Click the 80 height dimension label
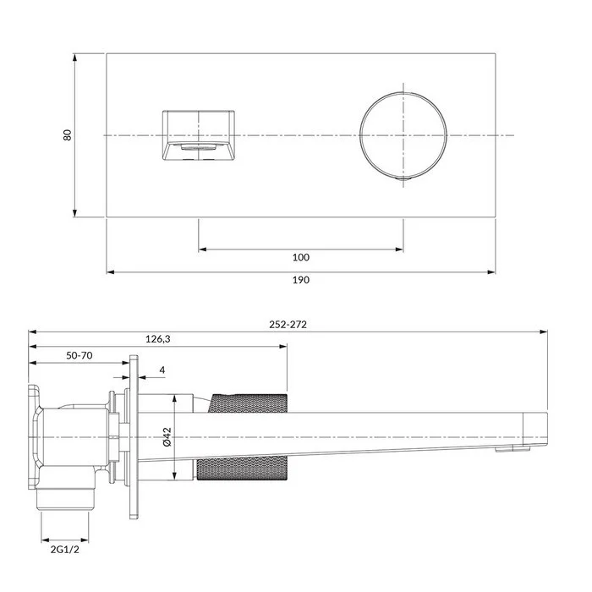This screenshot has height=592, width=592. click(x=67, y=135)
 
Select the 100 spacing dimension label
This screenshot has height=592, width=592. click(x=301, y=257)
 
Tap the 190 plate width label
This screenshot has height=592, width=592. click(x=301, y=280)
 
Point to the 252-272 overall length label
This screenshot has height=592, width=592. click(x=288, y=325)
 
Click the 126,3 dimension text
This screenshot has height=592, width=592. click(x=158, y=339)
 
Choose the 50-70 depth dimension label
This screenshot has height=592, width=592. click(x=79, y=355)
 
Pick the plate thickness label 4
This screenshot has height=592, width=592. click(x=162, y=370)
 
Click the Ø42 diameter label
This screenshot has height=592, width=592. click(x=167, y=437)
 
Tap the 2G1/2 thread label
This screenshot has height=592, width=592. click(x=65, y=550)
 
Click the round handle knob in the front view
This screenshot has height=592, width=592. click(x=403, y=135)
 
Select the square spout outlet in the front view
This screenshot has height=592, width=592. click(x=199, y=135)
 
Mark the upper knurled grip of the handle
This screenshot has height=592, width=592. click(x=247, y=403)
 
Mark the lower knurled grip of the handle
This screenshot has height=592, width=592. click(x=242, y=469)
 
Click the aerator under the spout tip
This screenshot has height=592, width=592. click(x=513, y=448)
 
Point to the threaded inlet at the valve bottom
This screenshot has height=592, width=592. click(x=64, y=499)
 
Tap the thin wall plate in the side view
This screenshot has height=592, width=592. click(x=134, y=437)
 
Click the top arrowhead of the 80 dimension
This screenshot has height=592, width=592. click(x=74, y=58)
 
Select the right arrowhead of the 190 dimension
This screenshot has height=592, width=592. click(x=491, y=271)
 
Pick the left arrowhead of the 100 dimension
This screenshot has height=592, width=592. click(x=203, y=249)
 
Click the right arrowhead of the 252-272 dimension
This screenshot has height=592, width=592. click(x=543, y=332)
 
